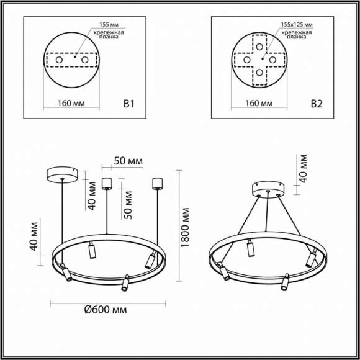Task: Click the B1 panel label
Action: pyautogui.click(x=129, y=104)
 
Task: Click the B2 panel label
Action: pyautogui.click(x=317, y=104)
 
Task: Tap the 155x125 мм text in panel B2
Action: pyautogui.click(x=297, y=25)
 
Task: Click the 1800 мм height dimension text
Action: pyautogui.click(x=185, y=224)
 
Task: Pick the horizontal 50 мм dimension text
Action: pyautogui.click(x=127, y=161)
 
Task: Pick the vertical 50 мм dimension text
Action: pyautogui.click(x=128, y=200)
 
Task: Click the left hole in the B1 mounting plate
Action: pyautogui.click(x=60, y=60)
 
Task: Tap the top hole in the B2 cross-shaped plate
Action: pyautogui.click(x=259, y=47)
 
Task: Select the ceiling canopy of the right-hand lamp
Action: pyautogui.click(x=268, y=187)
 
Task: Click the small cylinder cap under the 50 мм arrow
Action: pyautogui.click(x=106, y=183)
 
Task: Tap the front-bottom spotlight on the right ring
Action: pyautogui.click(x=285, y=283)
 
